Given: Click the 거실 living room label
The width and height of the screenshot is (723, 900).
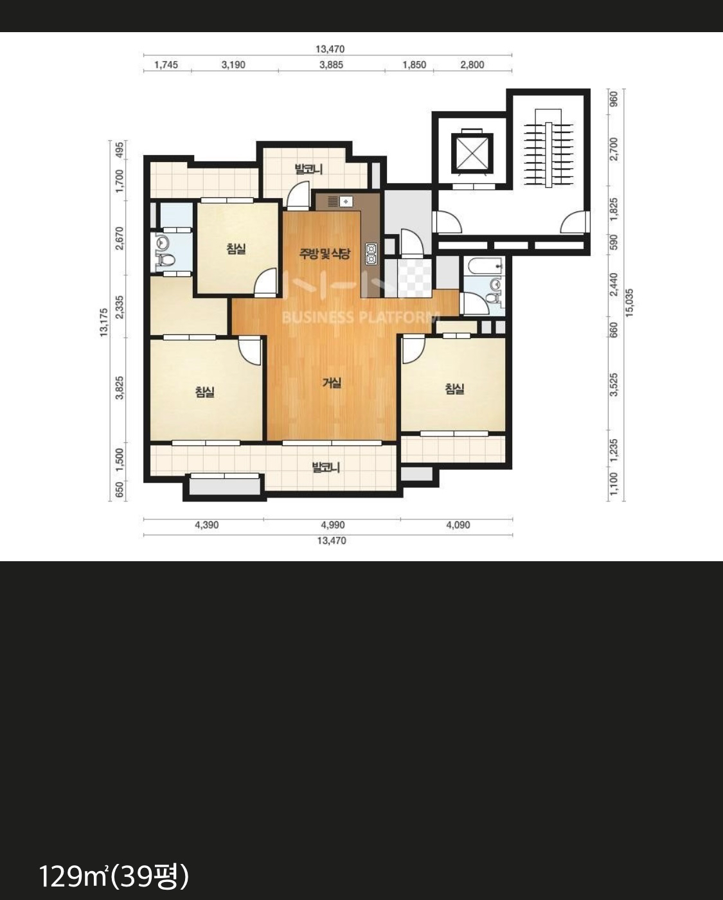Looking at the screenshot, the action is [x=332, y=382].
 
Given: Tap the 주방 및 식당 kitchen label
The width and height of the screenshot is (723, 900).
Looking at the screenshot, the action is [x=325, y=253].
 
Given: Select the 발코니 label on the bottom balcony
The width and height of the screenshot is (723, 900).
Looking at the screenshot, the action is [x=326, y=467].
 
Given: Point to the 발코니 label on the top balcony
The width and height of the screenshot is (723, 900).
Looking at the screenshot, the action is [x=308, y=169].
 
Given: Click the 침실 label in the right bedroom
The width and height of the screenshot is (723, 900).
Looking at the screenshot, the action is [x=454, y=390].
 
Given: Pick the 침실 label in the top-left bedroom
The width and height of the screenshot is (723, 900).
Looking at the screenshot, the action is [x=237, y=249].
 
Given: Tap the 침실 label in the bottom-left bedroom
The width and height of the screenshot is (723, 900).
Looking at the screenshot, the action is [x=205, y=392].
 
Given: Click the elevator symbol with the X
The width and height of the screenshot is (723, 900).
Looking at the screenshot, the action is [x=472, y=153].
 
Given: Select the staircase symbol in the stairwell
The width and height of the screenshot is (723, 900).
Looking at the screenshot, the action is [x=548, y=149].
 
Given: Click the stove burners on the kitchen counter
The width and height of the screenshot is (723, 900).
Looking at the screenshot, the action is [x=371, y=254].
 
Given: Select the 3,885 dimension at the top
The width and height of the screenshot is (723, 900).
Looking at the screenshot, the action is [x=331, y=65].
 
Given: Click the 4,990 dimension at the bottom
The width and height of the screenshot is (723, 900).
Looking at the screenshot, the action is [x=332, y=525].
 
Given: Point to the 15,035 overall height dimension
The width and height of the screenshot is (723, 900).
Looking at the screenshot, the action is [x=629, y=303].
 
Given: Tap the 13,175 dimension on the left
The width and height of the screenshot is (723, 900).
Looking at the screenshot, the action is [x=103, y=323].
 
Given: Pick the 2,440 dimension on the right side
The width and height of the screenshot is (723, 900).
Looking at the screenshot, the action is [x=614, y=285].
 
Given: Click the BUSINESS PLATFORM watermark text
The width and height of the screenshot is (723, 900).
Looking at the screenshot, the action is [x=361, y=318].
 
